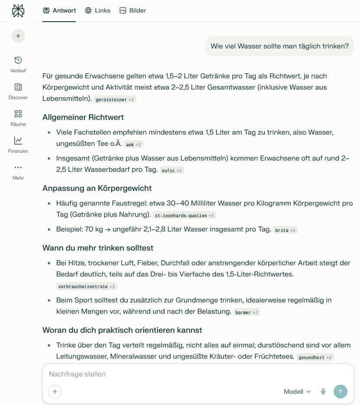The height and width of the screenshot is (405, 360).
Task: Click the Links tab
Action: (97, 10)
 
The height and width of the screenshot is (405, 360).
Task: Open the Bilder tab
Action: (133, 10)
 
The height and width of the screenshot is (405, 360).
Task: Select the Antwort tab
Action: (59, 10)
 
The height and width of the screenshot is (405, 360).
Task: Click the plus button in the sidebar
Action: (18, 36)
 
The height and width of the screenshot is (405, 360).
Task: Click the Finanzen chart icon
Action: (18, 141)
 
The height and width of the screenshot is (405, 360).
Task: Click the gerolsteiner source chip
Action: (115, 100)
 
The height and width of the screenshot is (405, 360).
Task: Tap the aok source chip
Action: (133, 145)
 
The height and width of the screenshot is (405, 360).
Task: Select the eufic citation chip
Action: (172, 170)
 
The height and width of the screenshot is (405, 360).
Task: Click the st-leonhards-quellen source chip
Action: (184, 215)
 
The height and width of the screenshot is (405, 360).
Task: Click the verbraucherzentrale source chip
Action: (87, 286)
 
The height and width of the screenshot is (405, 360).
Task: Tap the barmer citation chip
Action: (247, 312)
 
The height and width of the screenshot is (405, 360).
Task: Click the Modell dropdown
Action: (297, 392)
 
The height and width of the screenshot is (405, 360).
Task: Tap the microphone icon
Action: (323, 392)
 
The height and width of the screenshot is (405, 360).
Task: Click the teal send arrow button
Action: (341, 392)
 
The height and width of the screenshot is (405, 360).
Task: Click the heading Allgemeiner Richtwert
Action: (83, 117)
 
